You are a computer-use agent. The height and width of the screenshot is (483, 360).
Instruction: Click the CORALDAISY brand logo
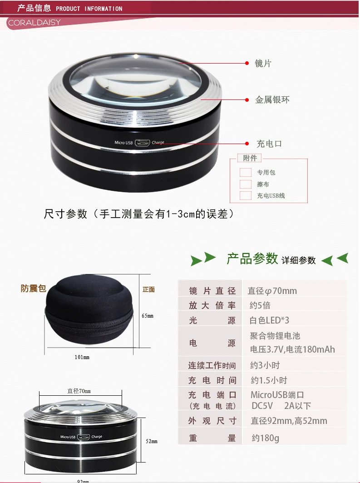pos(34,22)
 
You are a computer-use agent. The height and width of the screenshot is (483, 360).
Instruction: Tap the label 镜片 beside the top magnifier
pos(263,64)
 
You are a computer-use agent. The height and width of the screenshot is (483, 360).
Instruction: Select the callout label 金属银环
pos(272,100)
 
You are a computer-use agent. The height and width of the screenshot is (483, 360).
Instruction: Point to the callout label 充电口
pos(269,144)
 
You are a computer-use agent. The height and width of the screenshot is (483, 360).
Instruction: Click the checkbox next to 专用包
pos(246,173)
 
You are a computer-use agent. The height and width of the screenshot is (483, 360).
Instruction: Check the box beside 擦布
pos(246,184)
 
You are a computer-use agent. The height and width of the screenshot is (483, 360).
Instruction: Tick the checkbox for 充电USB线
pos(246,195)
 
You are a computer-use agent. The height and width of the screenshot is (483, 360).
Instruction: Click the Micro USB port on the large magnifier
pos(143,143)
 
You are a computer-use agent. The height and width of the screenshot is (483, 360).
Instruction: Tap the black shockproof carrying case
pos(89,309)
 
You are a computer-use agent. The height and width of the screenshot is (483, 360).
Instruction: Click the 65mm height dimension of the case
pos(148,316)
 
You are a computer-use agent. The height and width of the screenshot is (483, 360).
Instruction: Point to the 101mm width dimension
pos(82,357)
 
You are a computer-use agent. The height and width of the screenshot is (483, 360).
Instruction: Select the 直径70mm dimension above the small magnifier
pos(79,391)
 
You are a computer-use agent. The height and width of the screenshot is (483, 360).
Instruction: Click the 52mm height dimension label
pos(151,441)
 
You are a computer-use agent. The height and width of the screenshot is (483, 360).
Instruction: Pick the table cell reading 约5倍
pos(260,305)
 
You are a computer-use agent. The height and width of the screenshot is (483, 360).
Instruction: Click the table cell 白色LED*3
pos(269,320)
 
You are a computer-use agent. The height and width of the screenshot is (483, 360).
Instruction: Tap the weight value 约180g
pos(265,438)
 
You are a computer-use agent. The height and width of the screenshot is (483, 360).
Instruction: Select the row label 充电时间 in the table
pos(212,380)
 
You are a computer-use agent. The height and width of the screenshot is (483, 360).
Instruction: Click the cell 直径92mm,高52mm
pos(289,421)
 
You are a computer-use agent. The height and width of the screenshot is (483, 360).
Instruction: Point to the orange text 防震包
pos(33,289)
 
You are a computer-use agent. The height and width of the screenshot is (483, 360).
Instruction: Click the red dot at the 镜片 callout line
pos(247,63)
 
